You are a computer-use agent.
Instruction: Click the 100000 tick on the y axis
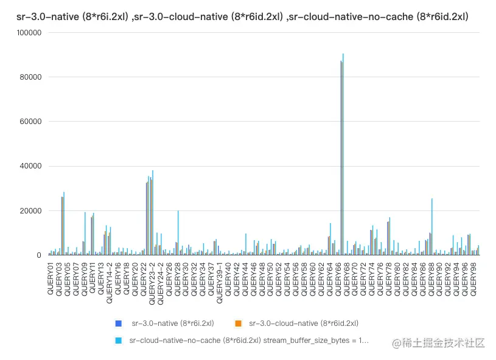point(28,32)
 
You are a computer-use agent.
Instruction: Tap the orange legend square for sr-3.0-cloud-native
point(239,323)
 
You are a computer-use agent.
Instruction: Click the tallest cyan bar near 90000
point(343,152)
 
